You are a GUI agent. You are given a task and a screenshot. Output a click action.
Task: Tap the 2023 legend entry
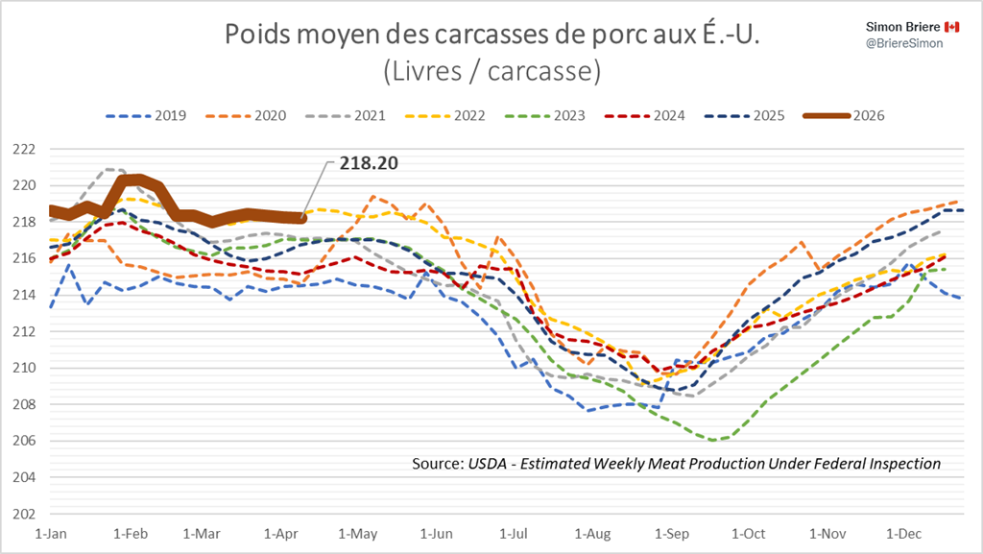coord(558,115)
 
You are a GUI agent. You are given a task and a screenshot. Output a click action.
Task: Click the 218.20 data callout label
coord(368,164)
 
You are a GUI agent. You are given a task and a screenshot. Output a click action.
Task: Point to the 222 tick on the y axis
coord(23,149)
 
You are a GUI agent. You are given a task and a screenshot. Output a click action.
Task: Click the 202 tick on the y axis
coord(23,514)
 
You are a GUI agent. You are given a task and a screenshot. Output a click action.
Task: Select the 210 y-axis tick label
coord(23,368)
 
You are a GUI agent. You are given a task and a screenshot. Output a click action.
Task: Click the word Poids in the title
coord(255,35)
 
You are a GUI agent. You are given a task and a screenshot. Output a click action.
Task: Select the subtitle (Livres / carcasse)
coord(491,70)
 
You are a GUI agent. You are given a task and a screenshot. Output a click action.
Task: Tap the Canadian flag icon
coord(952,26)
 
